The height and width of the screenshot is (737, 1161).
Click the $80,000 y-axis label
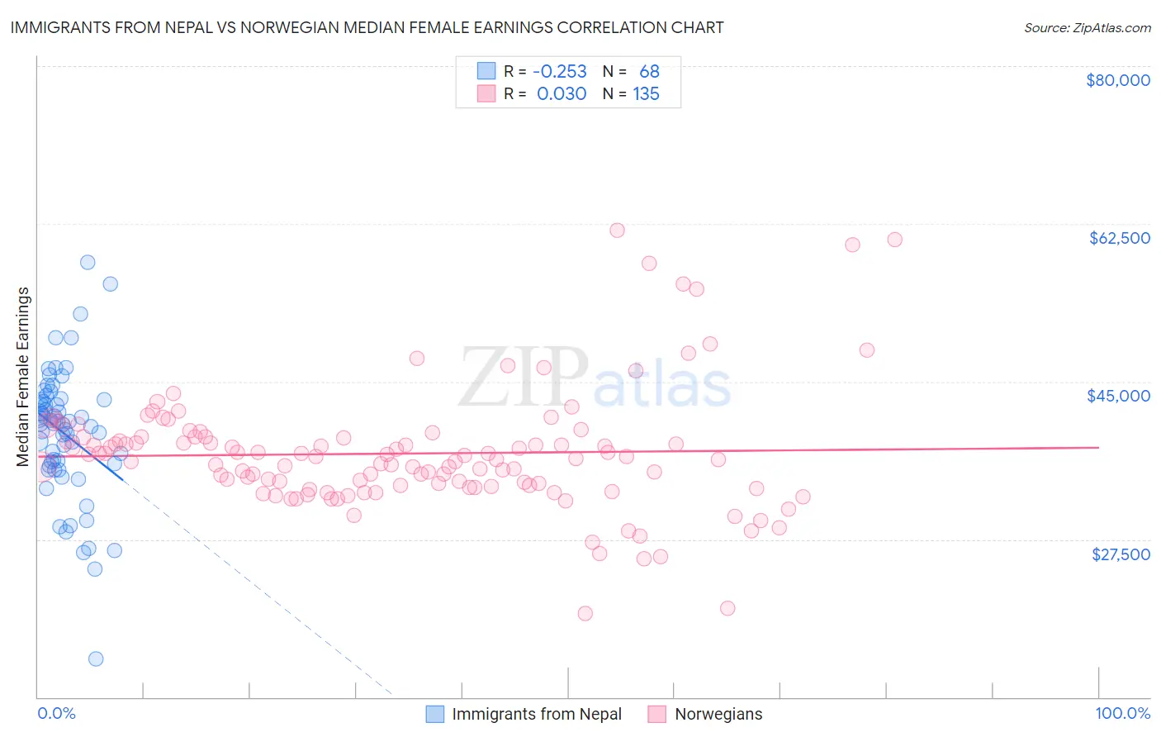click(x=1117, y=80)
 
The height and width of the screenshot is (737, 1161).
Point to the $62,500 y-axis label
click(x=1119, y=238)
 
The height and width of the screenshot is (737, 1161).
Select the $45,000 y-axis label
click(x=1118, y=396)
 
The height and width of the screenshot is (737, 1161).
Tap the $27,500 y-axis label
click(x=1121, y=554)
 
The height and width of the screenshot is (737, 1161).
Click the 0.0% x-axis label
click(x=56, y=713)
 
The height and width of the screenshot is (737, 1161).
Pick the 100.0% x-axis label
click(x=1122, y=713)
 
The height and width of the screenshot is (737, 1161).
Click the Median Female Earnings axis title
click(x=23, y=377)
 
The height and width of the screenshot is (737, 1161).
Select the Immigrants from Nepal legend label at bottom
click(x=537, y=714)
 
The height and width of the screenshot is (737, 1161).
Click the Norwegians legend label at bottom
click(x=718, y=714)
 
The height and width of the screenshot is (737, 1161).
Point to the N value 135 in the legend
click(x=646, y=93)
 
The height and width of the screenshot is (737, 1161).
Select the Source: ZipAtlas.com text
click(x=1087, y=27)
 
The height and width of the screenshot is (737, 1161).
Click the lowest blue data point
click(x=96, y=659)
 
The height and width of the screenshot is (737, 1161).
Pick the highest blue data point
click(x=88, y=262)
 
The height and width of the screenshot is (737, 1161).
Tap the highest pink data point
click(x=617, y=231)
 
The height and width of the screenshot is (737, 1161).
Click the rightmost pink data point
click(x=894, y=240)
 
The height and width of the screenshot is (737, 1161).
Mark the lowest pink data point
click(x=585, y=613)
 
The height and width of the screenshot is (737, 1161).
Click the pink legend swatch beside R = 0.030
click(x=486, y=93)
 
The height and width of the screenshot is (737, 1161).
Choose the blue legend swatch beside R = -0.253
click(x=486, y=72)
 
